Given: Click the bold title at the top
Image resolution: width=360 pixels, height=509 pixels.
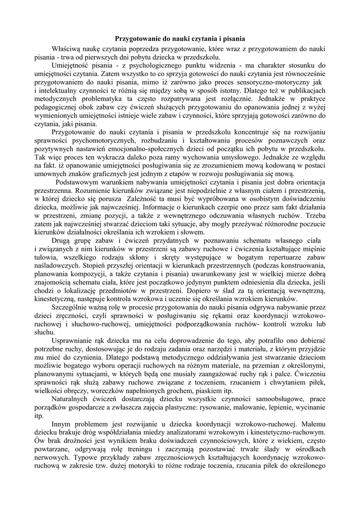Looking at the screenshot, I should click(180, 38).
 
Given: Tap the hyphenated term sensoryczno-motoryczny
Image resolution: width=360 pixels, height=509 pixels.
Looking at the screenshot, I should click(272, 82).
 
